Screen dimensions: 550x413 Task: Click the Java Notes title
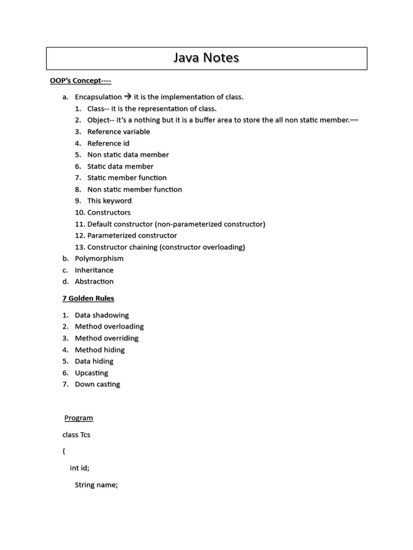tap(206, 58)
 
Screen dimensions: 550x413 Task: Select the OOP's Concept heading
tap(80, 81)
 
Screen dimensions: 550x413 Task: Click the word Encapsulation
tap(98, 97)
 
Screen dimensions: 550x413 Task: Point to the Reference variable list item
tap(118, 132)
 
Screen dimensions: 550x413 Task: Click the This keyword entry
tap(109, 201)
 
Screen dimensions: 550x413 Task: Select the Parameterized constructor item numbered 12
tap(132, 235)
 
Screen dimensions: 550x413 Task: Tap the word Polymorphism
tap(99, 258)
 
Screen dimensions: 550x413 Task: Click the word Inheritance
tap(94, 270)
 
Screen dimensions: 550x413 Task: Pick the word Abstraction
tap(94, 281)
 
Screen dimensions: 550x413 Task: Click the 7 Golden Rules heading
tap(88, 299)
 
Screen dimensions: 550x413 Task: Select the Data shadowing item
tap(102, 315)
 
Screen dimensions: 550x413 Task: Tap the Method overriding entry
tap(106, 338)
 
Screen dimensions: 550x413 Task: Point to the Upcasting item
tap(91, 373)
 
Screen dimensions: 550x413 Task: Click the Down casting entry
tap(97, 385)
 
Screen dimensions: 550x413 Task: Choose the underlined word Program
tap(79, 418)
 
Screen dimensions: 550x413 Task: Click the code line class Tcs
tap(76, 435)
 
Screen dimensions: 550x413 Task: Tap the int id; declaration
tap(80, 468)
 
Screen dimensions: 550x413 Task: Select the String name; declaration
tap(96, 485)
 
